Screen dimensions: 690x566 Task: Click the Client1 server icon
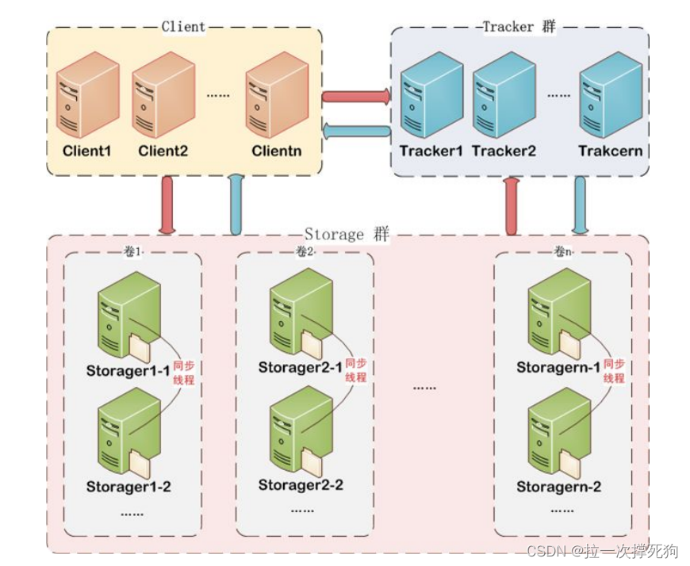[x=87, y=94]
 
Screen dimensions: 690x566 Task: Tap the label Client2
[x=163, y=151]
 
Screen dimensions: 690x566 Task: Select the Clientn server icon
[x=277, y=94]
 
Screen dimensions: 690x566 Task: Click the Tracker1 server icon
[x=431, y=94]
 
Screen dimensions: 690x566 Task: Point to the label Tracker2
[x=504, y=151]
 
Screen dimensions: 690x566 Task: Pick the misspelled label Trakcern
[x=611, y=151]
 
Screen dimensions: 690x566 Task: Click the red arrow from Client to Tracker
[x=356, y=97]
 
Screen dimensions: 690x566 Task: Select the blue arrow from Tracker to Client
[x=356, y=131]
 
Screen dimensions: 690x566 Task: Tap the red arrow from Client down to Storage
[x=167, y=205]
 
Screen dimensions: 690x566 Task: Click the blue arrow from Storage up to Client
[x=236, y=205]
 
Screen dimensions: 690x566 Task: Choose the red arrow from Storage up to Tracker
[x=512, y=206]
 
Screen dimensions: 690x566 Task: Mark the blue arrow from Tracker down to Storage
[x=580, y=205]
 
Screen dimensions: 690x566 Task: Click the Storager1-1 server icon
[x=128, y=316]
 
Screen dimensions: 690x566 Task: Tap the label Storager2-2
[x=301, y=485]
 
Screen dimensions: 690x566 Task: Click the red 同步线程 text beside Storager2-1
[x=356, y=370]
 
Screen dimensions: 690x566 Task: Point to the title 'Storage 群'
[x=347, y=235]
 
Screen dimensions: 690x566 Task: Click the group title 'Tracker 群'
[x=519, y=27]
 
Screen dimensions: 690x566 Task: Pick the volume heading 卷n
[x=563, y=252]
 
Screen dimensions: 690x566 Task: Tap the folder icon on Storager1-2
[x=140, y=464]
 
